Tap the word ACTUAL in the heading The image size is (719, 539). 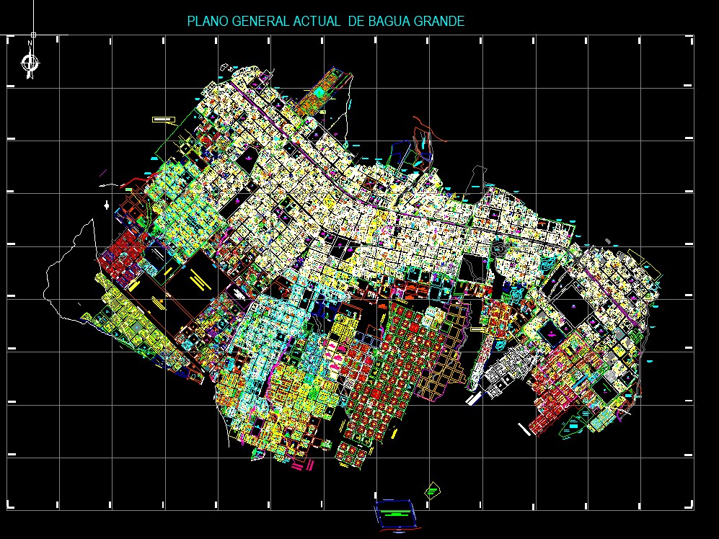pyautogui.click(x=317, y=22)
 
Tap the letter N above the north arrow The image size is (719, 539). pyautogui.click(x=30, y=43)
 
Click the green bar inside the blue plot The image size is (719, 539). pyautogui.click(x=394, y=514)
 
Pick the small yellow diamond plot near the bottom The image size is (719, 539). pyautogui.click(x=432, y=490)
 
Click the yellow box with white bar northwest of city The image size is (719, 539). pyautogui.click(x=164, y=120)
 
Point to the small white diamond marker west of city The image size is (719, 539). pyautogui.click(x=107, y=206)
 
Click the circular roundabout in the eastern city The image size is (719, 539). pyautogui.click(x=500, y=249)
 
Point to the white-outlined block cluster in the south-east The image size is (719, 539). pyautogui.click(x=505, y=372)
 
